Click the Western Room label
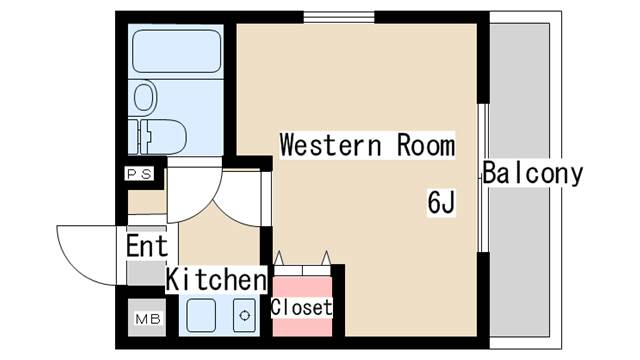coord(367,145)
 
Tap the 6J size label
coord(441,202)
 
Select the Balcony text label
coord(533,173)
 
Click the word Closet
coord(302,307)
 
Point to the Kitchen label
coord(216,280)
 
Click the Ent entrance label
coord(147,246)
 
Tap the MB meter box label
coord(148,319)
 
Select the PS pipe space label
coord(140,174)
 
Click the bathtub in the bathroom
coord(177,51)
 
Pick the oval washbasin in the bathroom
coord(145,97)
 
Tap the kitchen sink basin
coord(201,315)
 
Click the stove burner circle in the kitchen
coord(244,316)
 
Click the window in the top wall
coord(339,17)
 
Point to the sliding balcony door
coord(483,178)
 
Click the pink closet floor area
coord(302,306)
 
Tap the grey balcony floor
coord(519,180)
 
